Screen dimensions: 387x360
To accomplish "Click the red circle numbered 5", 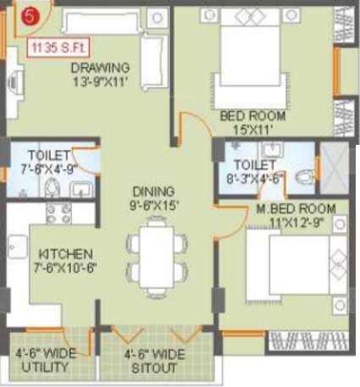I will pyautogui.click(x=30, y=15).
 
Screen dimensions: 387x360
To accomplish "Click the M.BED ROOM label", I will pyautogui.click(x=296, y=215).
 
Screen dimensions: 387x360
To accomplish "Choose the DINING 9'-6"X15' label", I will pyautogui.click(x=153, y=197).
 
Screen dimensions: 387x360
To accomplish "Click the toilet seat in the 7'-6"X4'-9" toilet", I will pyautogui.click(x=53, y=187).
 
